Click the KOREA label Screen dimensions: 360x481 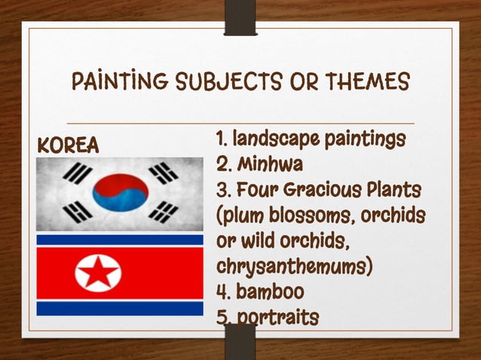[69, 145]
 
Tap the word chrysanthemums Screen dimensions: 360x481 [294, 267]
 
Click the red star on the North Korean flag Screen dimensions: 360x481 [99, 273]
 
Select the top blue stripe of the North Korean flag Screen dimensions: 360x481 [120, 240]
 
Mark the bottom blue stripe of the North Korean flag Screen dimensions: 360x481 [120, 307]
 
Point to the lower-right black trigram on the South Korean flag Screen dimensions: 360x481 [164, 211]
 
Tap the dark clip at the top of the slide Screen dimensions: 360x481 [240, 21]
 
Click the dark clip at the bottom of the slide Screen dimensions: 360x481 [240, 340]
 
